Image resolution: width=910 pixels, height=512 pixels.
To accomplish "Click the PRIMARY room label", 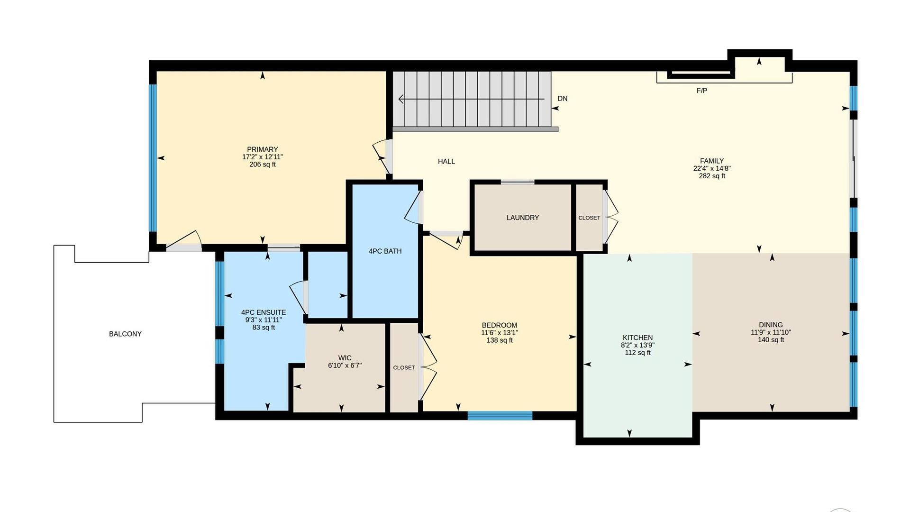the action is point(263,149).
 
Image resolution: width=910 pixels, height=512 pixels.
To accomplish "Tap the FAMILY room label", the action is point(712,161).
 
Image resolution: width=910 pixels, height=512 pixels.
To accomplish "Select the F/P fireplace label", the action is point(702,91).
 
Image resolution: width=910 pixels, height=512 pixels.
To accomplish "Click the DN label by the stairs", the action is point(563,99).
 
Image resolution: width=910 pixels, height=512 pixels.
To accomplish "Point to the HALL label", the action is point(446,162).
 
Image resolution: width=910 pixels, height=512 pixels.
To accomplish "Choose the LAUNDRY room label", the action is point(523,218).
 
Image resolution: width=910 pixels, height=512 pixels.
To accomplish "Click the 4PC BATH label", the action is point(385,251).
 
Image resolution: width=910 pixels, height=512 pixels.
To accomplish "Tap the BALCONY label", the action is point(126,334).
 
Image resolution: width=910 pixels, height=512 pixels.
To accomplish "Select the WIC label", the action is point(345,358).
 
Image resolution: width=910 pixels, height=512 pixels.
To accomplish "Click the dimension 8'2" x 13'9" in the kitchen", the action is point(637,345).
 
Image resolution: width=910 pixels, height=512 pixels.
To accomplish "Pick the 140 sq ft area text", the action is point(771,340).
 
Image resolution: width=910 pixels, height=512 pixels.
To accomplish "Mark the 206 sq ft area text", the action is point(263,165).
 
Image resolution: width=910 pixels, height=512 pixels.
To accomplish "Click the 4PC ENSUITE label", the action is point(264,312).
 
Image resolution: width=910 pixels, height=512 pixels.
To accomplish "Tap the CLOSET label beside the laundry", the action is point(589,218).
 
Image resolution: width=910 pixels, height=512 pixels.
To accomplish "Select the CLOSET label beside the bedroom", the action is point(404,367).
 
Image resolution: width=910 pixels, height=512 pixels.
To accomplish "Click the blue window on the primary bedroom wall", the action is point(153,158).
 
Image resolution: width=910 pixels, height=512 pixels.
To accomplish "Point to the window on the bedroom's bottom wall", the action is point(500,416).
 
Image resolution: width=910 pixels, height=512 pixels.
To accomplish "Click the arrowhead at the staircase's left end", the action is point(401,99).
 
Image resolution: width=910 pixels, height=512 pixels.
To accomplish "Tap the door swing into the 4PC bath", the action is point(413,208).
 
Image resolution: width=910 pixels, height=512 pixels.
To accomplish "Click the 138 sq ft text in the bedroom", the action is point(500,340).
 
